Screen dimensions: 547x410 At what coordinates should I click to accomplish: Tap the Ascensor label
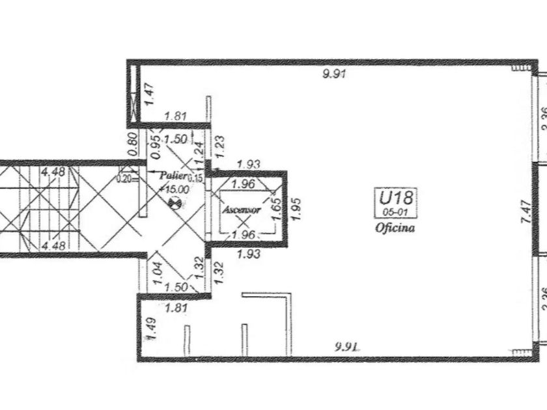click(x=242, y=210)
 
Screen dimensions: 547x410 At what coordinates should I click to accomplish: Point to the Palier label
click(x=175, y=176)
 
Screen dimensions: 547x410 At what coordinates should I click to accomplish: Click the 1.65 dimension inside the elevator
click(x=276, y=206)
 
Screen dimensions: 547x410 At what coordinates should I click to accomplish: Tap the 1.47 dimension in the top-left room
click(x=150, y=95)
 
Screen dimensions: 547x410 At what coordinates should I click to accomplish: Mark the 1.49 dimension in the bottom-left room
click(x=150, y=329)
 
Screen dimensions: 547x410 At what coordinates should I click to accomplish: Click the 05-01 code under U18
click(x=395, y=213)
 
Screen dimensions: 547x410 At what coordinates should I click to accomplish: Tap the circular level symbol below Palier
click(x=174, y=202)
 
